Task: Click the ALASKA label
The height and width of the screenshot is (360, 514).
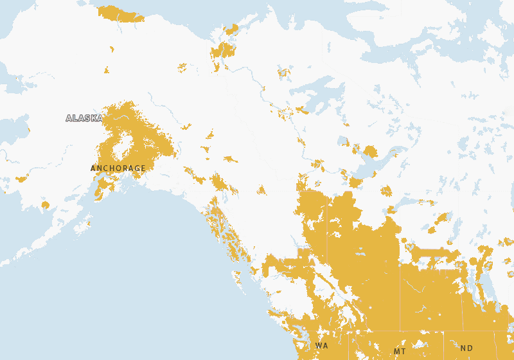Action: (84, 118)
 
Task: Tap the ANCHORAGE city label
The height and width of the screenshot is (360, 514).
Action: (118, 168)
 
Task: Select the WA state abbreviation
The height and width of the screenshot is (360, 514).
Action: (321, 346)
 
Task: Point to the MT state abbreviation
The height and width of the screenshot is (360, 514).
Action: (400, 352)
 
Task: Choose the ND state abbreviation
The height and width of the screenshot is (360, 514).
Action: (466, 348)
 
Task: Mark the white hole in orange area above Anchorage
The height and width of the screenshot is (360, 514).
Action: (123, 146)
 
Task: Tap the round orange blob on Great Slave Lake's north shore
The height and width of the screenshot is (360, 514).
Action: (369, 152)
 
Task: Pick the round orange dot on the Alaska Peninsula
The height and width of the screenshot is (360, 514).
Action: (45, 205)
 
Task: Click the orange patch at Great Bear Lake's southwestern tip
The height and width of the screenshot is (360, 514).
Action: (301, 111)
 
